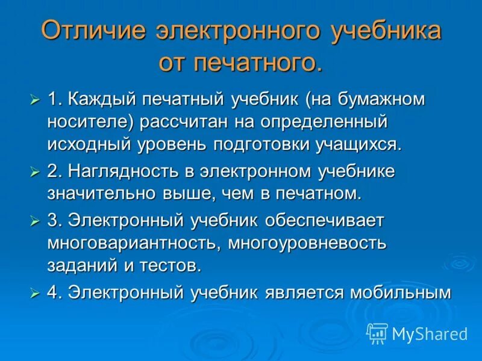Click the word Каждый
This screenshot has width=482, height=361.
(x=99, y=99)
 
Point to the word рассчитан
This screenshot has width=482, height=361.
(x=188, y=122)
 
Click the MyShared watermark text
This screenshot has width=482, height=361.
(x=429, y=333)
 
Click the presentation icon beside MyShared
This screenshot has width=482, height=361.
(x=377, y=333)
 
